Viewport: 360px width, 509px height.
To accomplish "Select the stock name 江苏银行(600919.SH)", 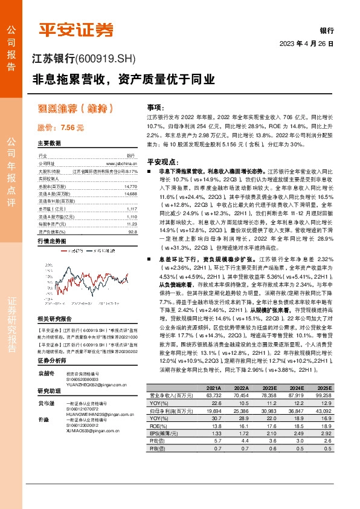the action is (x=84, y=59).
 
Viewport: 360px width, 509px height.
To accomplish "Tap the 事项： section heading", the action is (x=156, y=105).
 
